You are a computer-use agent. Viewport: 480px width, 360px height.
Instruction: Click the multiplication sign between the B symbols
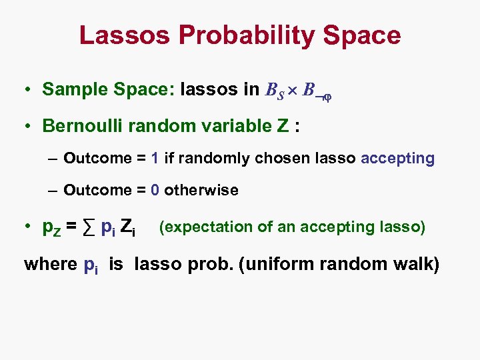(293, 90)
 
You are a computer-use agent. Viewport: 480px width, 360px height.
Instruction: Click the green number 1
(155, 159)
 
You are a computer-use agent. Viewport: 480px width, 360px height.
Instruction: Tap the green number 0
(155, 191)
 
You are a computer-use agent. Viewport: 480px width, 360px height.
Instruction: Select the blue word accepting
(397, 159)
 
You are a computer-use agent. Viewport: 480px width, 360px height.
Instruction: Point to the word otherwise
(201, 191)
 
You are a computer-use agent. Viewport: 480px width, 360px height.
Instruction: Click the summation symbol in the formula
(91, 229)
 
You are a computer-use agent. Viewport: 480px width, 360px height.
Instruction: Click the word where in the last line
(50, 264)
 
